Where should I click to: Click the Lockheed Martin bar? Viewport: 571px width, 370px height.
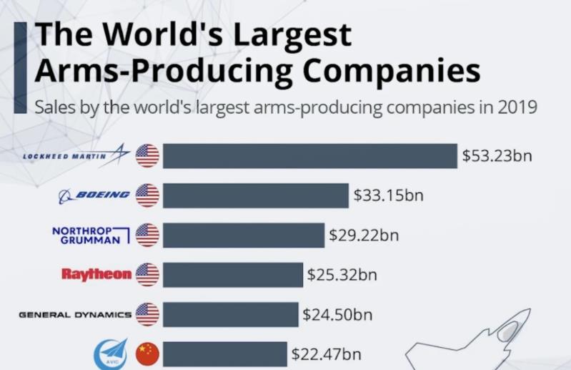[309, 156]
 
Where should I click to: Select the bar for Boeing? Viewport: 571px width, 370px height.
[256, 195]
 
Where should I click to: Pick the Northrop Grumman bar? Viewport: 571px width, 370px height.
[243, 235]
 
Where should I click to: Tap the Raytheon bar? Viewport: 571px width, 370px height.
[233, 274]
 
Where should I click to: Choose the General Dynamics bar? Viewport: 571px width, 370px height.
[230, 314]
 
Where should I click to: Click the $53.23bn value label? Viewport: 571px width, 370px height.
[497, 156]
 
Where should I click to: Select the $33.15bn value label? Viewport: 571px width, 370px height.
[389, 195]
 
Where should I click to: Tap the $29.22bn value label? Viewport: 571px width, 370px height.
[364, 235]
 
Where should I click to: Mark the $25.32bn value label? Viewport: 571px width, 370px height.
[342, 274]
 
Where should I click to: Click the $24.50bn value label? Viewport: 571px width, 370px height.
[337, 314]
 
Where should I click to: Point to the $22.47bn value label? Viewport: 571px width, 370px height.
[326, 354]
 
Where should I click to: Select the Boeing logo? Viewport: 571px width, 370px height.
[95, 195]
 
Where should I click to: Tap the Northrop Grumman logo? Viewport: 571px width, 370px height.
[91, 235]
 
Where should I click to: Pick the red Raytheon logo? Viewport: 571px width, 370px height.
[97, 274]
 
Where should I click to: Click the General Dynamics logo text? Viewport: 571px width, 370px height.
[75, 314]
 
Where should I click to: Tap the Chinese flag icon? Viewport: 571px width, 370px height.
[147, 354]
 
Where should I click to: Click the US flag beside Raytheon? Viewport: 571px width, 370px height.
[147, 274]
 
